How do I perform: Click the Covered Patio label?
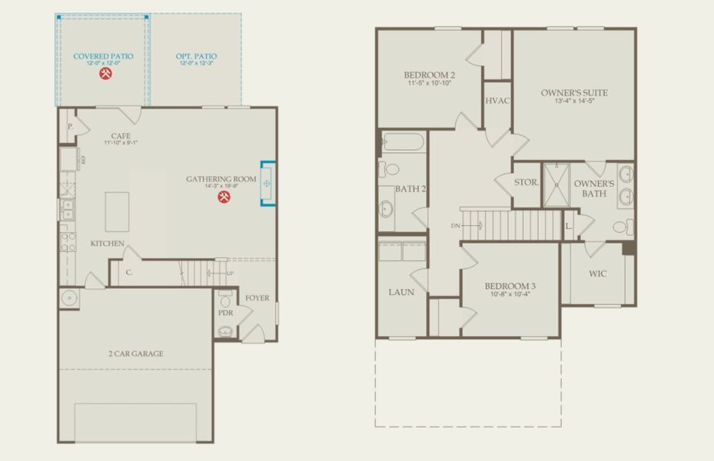pyautogui.click(x=102, y=56)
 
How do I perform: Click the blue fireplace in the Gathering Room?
pyautogui.click(x=267, y=184)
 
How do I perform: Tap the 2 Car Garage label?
pyautogui.click(x=135, y=354)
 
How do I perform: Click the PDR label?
pyautogui.click(x=226, y=313)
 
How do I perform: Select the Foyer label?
pyautogui.click(x=257, y=298)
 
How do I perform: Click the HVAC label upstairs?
pyautogui.click(x=496, y=102)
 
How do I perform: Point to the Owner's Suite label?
pyautogui.click(x=573, y=93)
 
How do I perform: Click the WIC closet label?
pyautogui.click(x=597, y=274)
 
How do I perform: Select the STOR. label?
pyautogui.click(x=526, y=184)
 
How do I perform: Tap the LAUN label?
pyautogui.click(x=401, y=292)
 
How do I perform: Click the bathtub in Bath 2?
pyautogui.click(x=402, y=142)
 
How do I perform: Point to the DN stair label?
pyautogui.click(x=457, y=226)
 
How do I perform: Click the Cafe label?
pyautogui.click(x=121, y=136)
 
